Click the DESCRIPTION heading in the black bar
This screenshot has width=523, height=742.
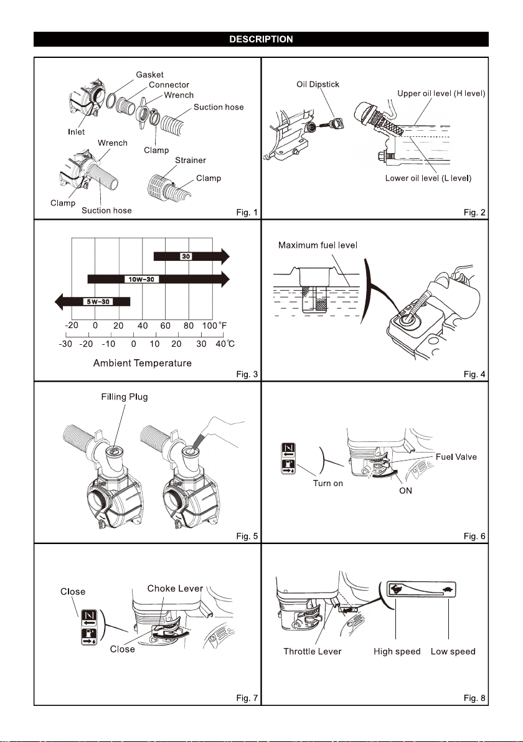[x=261, y=39]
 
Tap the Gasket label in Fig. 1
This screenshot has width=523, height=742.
[x=151, y=74]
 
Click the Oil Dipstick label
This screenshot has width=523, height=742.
[x=318, y=84]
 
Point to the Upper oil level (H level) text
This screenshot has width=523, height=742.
[x=441, y=93]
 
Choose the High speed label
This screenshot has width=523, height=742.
[x=397, y=651]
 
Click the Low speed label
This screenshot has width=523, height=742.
[x=453, y=651]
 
